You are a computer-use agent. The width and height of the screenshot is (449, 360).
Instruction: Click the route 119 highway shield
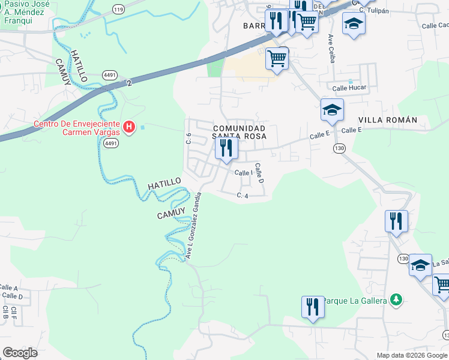coord(118,10)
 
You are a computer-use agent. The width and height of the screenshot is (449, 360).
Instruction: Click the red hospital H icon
coord(128,127)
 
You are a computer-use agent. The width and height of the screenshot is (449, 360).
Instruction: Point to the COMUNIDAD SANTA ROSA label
coord(239,132)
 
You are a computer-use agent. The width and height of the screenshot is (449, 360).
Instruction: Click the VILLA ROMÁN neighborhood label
coord(387,120)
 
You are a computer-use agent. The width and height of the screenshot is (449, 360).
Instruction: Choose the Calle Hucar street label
coord(349,88)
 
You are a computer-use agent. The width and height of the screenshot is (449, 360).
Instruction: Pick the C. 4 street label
coord(243,196)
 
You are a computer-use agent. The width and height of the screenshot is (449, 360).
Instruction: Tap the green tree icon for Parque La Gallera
coord(395,299)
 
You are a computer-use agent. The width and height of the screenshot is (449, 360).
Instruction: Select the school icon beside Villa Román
coord(331,110)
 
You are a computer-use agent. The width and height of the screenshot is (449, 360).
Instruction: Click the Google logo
coord(20,353)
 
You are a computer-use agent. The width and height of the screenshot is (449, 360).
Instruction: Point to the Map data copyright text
coord(411,355)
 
